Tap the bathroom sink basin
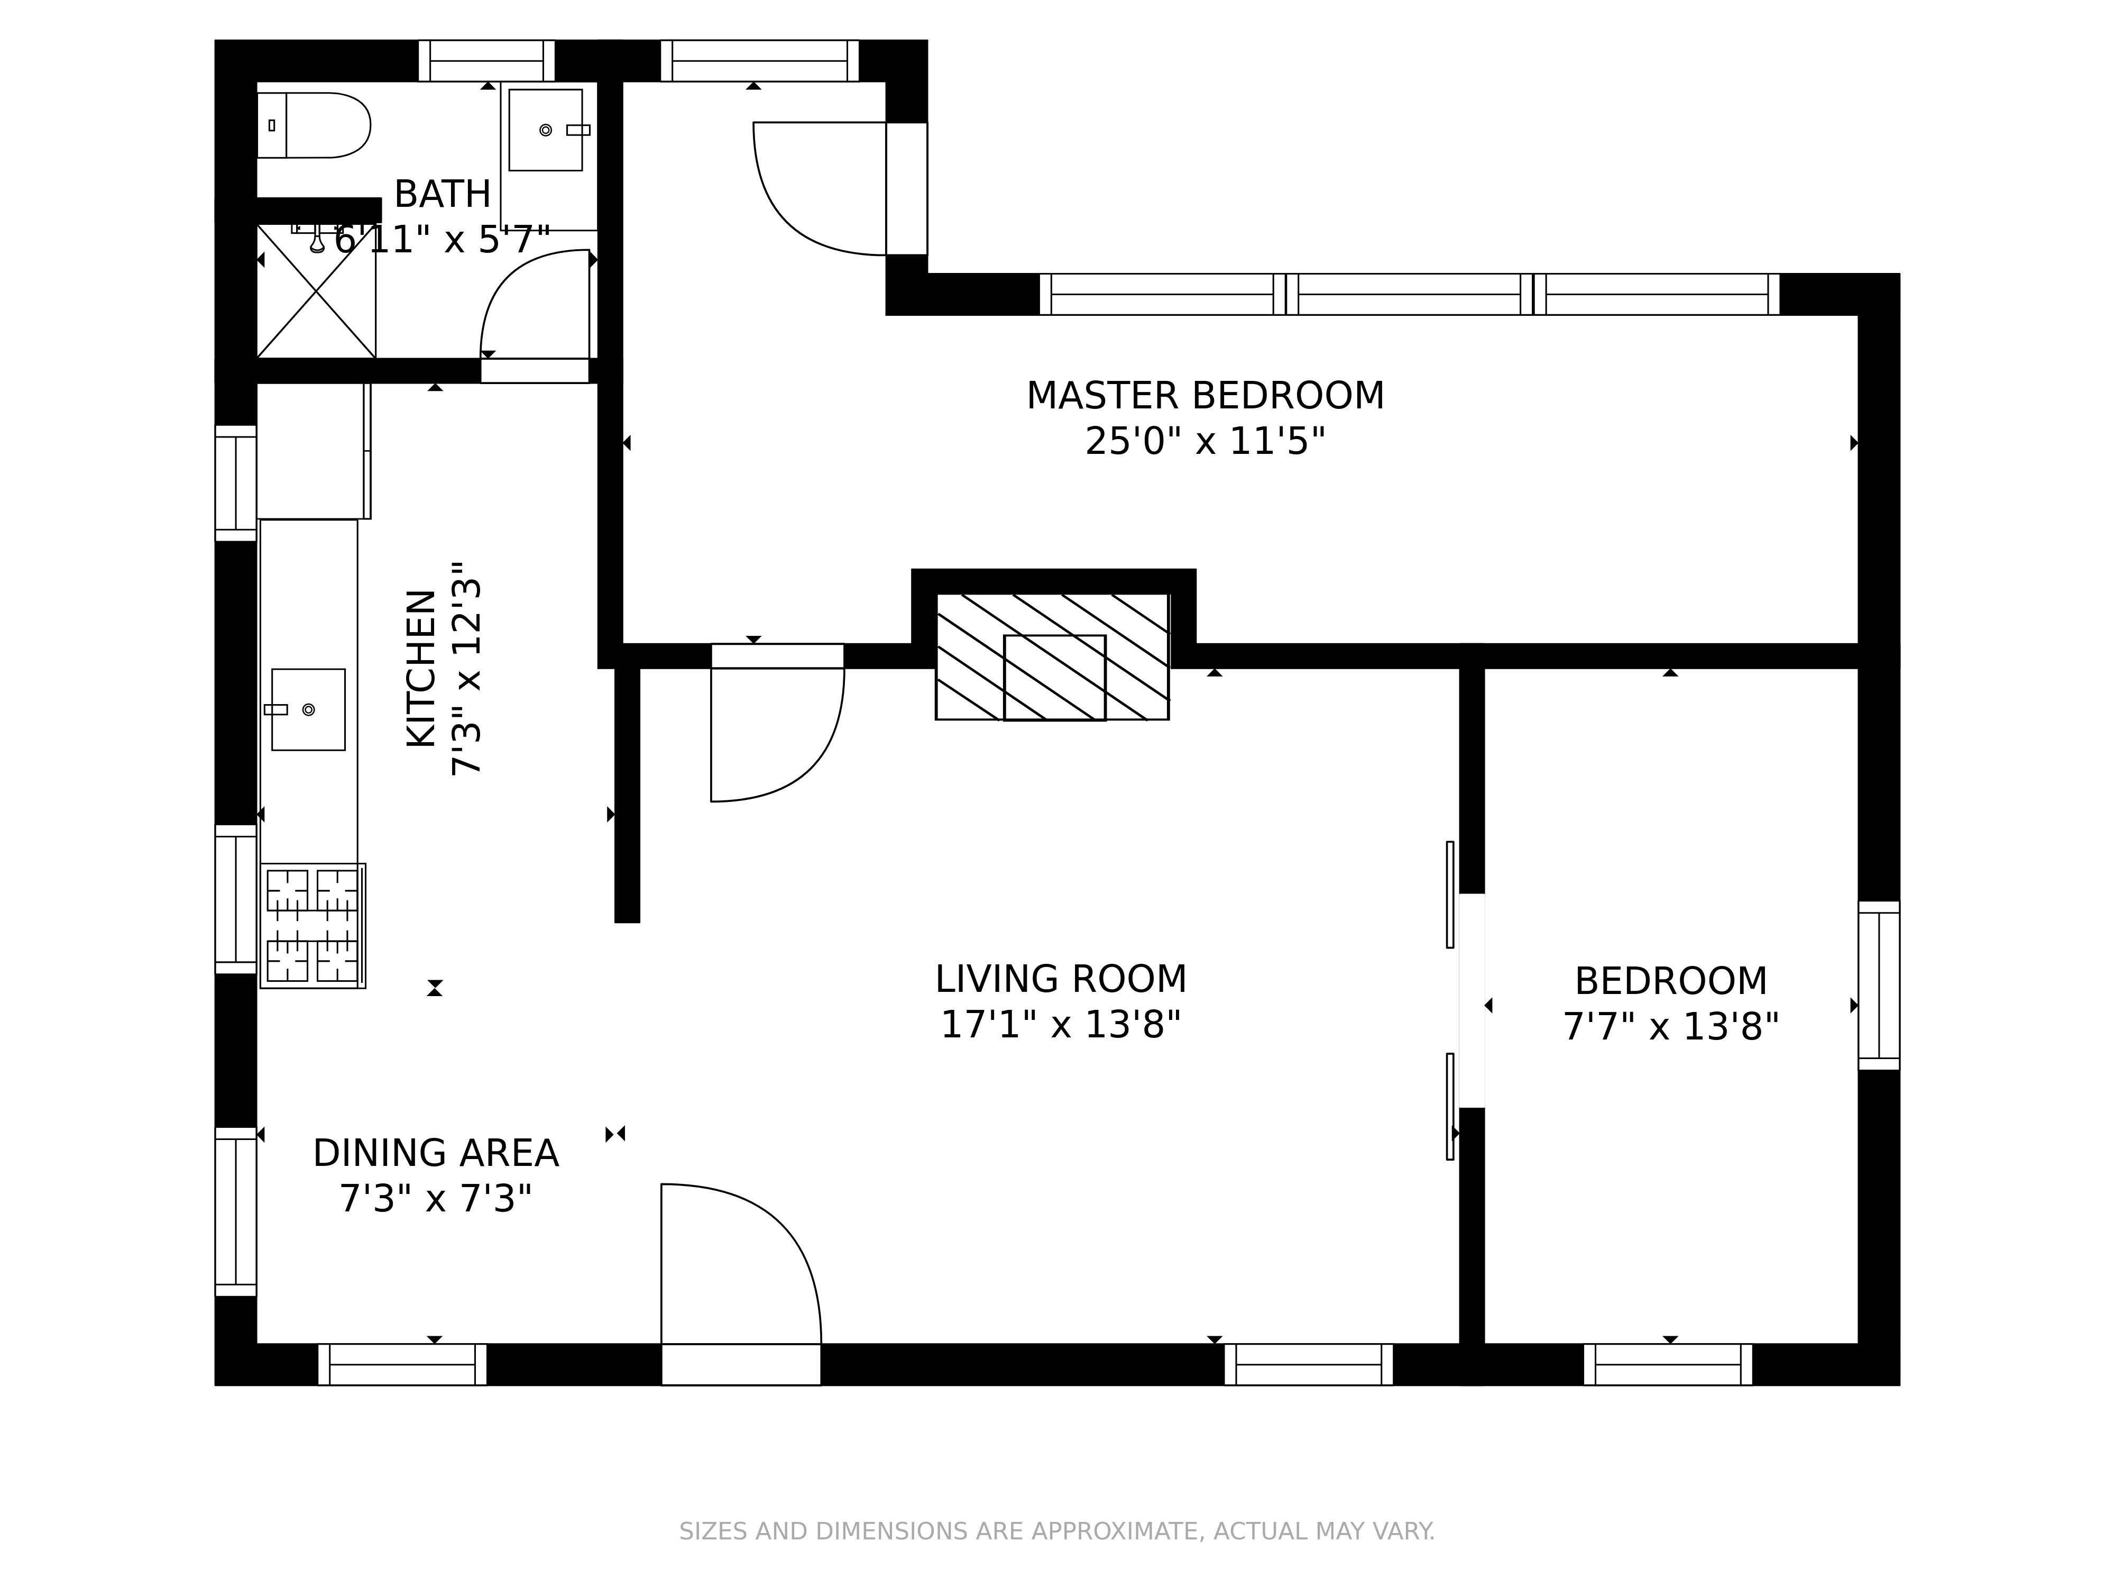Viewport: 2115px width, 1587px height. (x=546, y=130)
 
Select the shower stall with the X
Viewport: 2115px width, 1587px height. (x=316, y=292)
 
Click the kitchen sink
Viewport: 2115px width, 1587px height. (x=308, y=710)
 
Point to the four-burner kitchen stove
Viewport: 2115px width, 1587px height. (x=312, y=926)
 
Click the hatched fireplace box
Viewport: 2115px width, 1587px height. (x=1052, y=656)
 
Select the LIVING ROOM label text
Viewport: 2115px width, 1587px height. (x=1060, y=980)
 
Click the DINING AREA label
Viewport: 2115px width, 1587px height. (x=436, y=1154)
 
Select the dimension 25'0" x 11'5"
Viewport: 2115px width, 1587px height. (x=1204, y=442)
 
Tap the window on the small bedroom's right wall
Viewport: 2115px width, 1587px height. (x=1879, y=986)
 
